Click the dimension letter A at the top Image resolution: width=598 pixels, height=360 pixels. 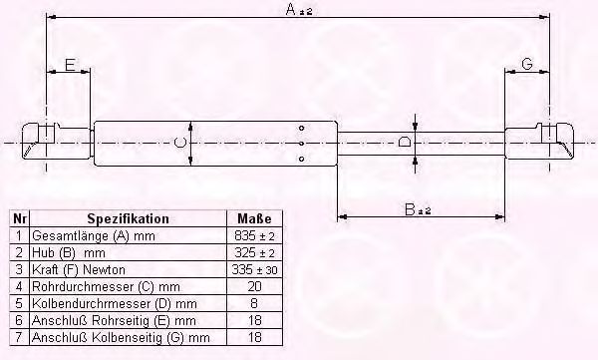tap(291, 9)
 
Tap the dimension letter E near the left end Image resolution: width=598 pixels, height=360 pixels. tap(70, 65)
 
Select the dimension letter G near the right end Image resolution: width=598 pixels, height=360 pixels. tap(526, 64)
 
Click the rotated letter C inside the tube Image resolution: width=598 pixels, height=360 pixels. tap(180, 143)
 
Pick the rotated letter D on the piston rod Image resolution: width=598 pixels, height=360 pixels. tap(404, 143)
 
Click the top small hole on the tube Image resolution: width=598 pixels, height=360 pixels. tap(301, 128)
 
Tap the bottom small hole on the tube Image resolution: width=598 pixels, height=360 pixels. tap(301, 159)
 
